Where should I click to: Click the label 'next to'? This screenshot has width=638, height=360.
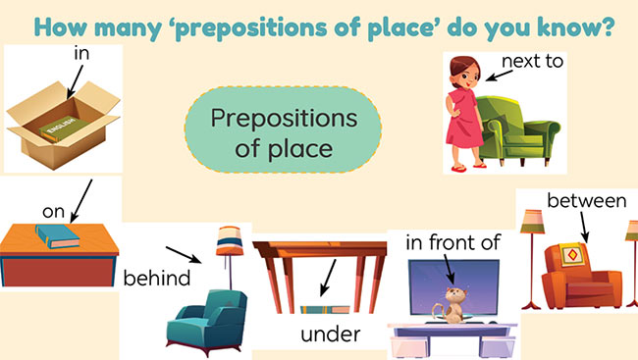click(532, 62)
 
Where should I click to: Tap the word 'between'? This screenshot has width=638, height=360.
click(586, 201)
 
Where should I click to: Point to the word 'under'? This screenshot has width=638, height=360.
click(330, 334)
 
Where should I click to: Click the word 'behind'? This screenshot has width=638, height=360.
click(157, 278)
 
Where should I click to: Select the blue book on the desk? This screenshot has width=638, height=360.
click(62, 234)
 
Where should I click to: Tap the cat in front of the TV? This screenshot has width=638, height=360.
click(454, 303)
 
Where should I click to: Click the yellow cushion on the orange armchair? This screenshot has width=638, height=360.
click(572, 255)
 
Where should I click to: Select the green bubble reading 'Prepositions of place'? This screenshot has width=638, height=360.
click(271, 131)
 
